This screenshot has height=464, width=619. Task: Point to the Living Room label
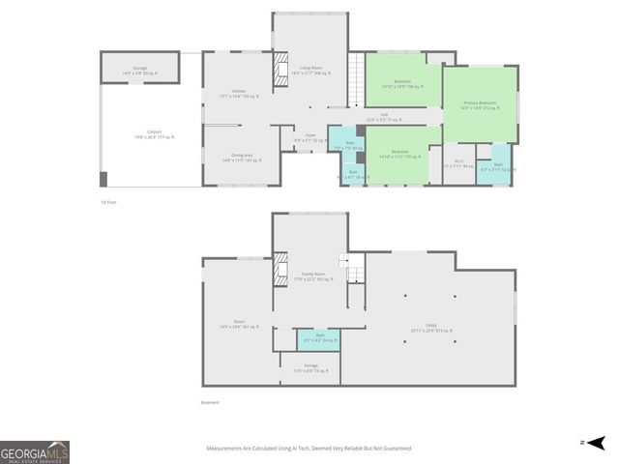point(310,69)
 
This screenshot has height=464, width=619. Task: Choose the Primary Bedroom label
point(480,103)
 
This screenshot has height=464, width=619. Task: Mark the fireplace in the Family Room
point(282,265)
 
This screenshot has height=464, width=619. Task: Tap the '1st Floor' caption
point(108,202)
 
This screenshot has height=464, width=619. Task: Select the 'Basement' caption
point(210,403)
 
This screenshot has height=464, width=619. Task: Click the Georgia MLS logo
point(35,452)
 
